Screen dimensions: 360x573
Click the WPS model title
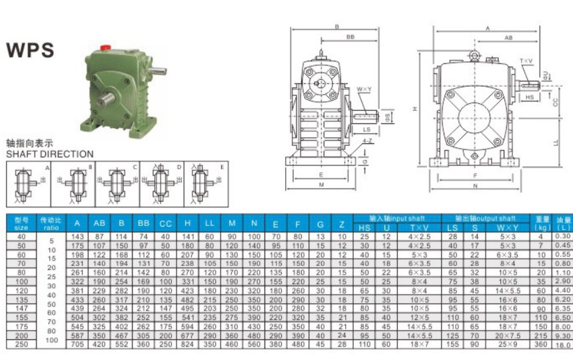coord(30,51)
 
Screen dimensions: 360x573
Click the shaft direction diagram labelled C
coord(117,181)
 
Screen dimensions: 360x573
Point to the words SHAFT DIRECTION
coord(49,154)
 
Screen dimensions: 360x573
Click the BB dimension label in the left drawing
coord(350,39)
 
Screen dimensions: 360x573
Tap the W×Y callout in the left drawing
coord(364,89)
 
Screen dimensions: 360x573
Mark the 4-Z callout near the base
coord(368,141)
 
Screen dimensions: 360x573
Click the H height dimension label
coord(414,108)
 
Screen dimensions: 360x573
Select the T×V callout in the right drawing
coord(526,61)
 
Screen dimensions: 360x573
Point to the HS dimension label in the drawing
coord(530,97)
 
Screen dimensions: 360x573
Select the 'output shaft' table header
coord(485,218)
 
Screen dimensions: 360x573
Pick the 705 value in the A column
coord(78,345)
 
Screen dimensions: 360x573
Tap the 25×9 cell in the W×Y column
coord(508,345)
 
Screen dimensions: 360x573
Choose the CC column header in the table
coord(165,223)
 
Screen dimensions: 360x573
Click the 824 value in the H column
coord(188,345)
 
